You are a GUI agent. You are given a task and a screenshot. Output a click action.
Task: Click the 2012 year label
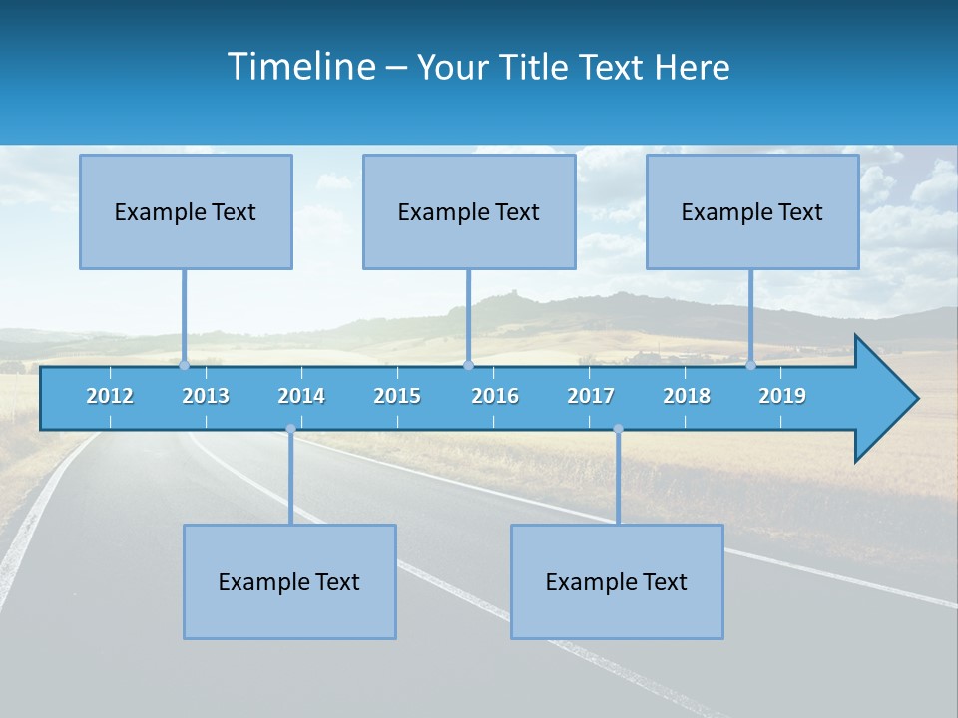[110, 396]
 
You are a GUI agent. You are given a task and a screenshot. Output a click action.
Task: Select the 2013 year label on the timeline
[206, 396]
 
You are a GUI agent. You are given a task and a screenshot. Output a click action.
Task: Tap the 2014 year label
[301, 396]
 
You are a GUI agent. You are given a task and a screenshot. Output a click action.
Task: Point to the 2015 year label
[397, 396]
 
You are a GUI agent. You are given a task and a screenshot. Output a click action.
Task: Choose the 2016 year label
[495, 396]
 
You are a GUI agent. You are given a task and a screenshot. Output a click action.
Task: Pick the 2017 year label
[591, 396]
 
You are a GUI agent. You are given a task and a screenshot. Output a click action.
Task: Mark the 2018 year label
[687, 396]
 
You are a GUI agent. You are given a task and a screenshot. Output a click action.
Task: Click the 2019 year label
[782, 396]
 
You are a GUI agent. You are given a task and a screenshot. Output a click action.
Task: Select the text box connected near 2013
[186, 211]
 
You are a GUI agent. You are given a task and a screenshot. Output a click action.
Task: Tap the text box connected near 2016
[469, 211]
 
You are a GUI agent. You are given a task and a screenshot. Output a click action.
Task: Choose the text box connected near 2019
[752, 211]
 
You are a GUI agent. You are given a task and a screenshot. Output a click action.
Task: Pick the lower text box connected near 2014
[289, 581]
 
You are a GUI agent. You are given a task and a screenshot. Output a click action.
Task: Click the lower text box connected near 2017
[617, 581]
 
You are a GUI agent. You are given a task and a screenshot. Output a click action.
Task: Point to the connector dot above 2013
[185, 365]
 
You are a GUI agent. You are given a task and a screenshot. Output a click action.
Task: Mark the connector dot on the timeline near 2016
[469, 365]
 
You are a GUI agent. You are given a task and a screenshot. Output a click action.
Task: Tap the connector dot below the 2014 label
[290, 429]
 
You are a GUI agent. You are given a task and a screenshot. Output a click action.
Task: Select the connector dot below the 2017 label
[618, 429]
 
